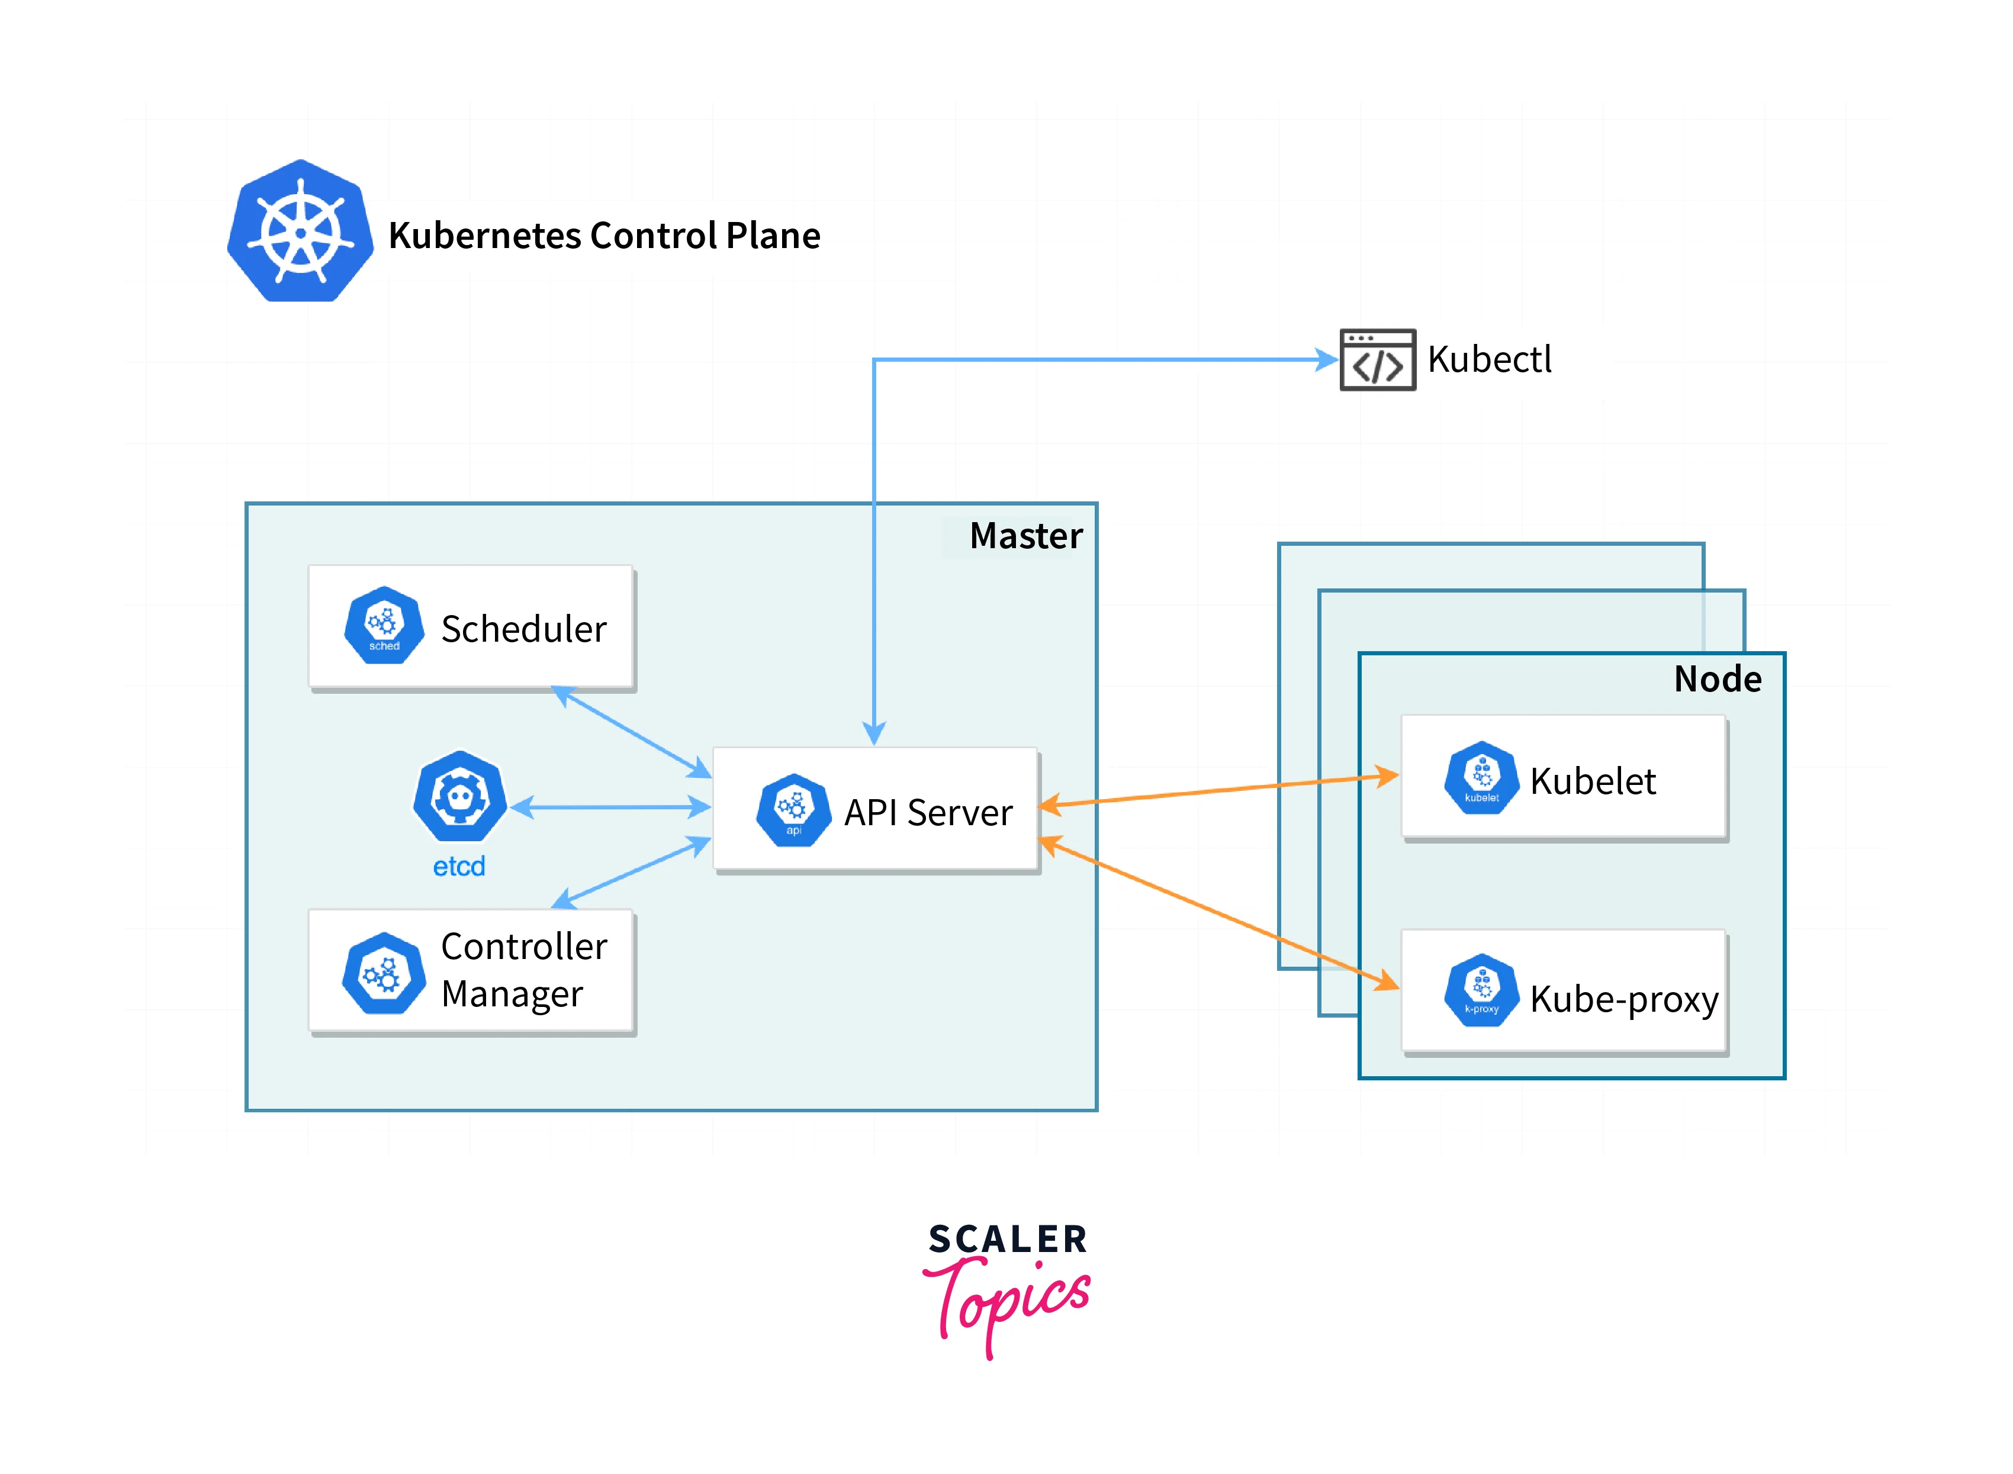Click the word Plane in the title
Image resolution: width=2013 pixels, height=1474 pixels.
773,236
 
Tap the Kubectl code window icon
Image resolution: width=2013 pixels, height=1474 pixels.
1377,359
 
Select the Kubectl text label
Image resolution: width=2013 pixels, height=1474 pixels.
1489,359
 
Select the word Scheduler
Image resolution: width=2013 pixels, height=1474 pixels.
524,629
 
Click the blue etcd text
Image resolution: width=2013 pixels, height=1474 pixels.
459,867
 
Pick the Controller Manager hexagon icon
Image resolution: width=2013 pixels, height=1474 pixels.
384,973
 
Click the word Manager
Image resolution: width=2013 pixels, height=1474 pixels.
512,994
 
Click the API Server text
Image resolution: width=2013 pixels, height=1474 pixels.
928,813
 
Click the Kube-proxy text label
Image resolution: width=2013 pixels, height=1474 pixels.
1624,999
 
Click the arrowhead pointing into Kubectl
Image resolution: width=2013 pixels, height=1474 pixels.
1327,359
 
